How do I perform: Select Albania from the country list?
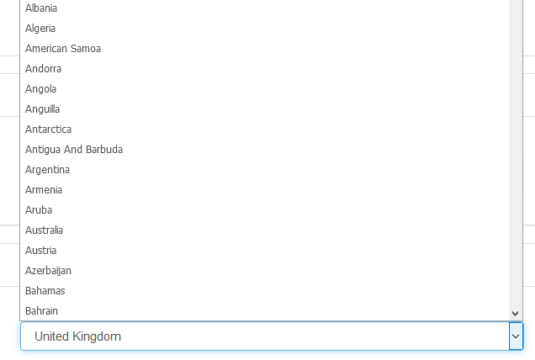pyautogui.click(x=41, y=8)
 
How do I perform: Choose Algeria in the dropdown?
pyautogui.click(x=40, y=29)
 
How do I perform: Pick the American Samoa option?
pyautogui.click(x=63, y=49)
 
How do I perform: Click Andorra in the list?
pyautogui.click(x=44, y=69)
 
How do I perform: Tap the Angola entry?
pyautogui.click(x=40, y=88)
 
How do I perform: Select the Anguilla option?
pyautogui.click(x=42, y=109)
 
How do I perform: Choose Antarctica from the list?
pyautogui.click(x=48, y=129)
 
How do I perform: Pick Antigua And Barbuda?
pyautogui.click(x=74, y=149)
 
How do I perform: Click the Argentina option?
pyautogui.click(x=47, y=170)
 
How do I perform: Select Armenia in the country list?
pyautogui.click(x=44, y=190)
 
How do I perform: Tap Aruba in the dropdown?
pyautogui.click(x=39, y=209)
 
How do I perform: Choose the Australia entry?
pyautogui.click(x=44, y=230)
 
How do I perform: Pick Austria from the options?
pyautogui.click(x=40, y=250)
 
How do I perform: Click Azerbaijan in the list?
pyautogui.click(x=48, y=270)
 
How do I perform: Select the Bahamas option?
pyautogui.click(x=45, y=290)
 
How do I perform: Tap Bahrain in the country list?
pyautogui.click(x=41, y=310)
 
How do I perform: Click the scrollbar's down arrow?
pyautogui.click(x=515, y=313)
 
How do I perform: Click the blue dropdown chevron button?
pyautogui.click(x=516, y=336)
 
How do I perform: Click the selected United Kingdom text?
pyautogui.click(x=77, y=336)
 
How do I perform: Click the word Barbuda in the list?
pyautogui.click(x=104, y=149)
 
